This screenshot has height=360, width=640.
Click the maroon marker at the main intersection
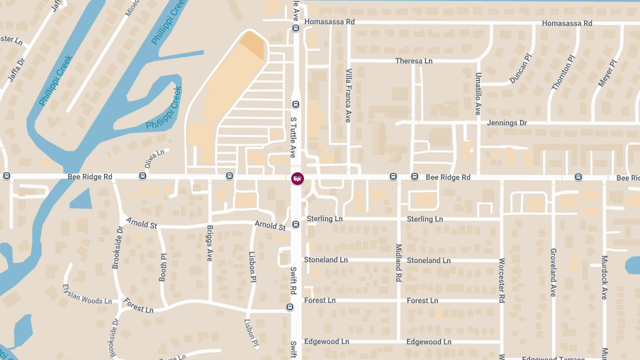(298, 178)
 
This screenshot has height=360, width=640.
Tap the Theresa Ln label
(413, 61)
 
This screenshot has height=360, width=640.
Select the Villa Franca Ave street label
(348, 95)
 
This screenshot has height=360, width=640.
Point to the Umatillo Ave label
(478, 94)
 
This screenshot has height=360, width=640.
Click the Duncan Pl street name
(521, 69)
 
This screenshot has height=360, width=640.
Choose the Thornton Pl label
(563, 73)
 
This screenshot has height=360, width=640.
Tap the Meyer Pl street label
(607, 73)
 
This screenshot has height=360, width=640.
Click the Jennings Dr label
(507, 123)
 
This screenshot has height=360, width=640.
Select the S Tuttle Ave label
(293, 137)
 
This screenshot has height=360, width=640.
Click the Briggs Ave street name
(210, 243)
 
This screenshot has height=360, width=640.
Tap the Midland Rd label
(398, 262)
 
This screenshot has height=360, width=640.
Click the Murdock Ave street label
(604, 277)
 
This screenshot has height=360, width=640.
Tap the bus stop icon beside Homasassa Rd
(295, 28)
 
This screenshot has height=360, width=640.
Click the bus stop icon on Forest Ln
(290, 307)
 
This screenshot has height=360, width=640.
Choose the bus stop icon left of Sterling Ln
(295, 225)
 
